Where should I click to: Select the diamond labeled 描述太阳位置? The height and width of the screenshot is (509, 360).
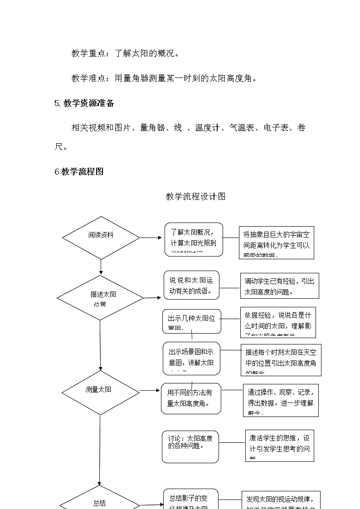pos(100,298)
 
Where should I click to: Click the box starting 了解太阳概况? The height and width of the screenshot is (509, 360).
pos(194,239)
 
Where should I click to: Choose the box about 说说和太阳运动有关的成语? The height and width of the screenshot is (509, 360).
pos(191,285)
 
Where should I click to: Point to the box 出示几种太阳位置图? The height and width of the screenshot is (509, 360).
pos(192,321)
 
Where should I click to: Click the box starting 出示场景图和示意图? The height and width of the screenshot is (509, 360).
pos(191,358)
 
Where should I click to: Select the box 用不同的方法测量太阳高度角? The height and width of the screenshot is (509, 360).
pos(191,398)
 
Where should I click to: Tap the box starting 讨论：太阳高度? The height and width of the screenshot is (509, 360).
pos(190,446)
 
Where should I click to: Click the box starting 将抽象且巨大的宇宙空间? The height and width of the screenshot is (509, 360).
pos(277,242)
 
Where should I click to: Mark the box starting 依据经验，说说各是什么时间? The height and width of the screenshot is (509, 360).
pos(278,322)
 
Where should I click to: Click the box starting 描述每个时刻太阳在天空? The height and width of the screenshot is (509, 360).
pos(281,359)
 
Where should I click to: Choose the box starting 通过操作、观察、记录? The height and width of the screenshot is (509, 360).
pos(281,400)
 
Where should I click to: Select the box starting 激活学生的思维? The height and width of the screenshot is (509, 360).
pos(280,445)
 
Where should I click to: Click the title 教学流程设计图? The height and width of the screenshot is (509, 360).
pos(195,196)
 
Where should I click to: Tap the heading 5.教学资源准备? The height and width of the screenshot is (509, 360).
pos(84,103)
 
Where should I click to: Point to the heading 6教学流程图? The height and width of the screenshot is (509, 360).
pos(79,171)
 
